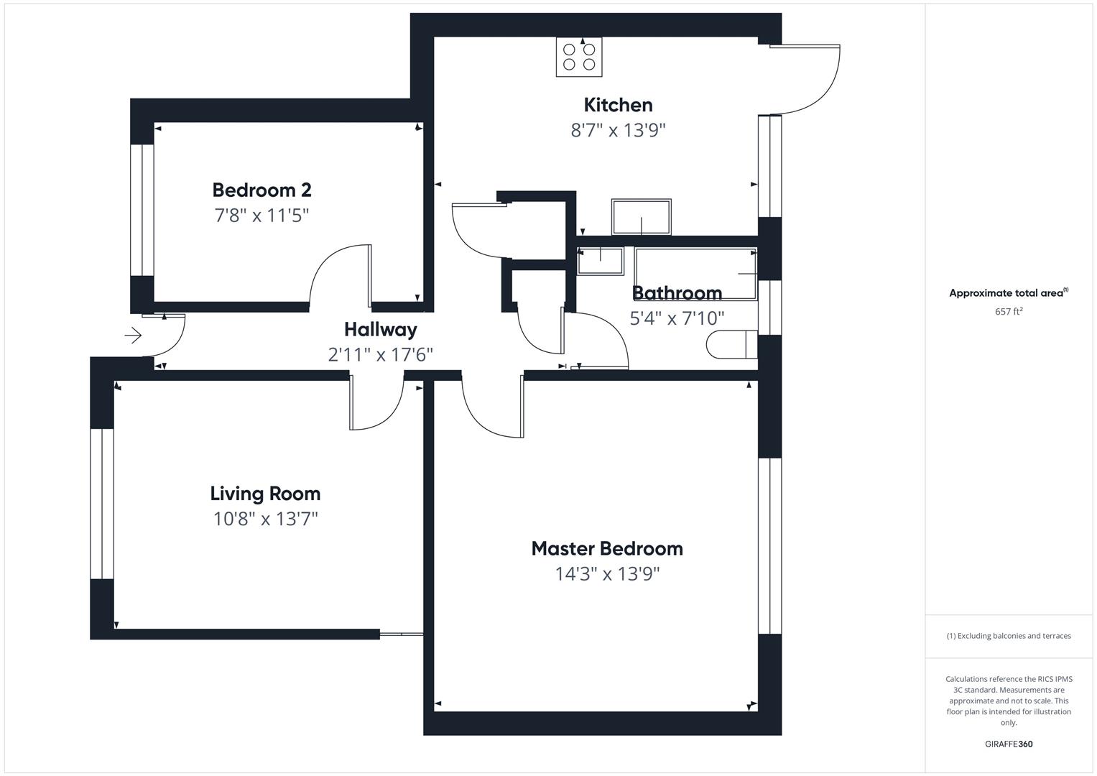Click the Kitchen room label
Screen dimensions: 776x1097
point(618,105)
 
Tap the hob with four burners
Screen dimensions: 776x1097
point(579,57)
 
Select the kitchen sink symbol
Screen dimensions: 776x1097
point(641,217)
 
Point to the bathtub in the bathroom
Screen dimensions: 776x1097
point(695,274)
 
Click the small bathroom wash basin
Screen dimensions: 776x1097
point(600,261)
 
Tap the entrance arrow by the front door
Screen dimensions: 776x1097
point(134,335)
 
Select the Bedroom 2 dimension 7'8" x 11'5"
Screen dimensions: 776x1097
point(261,216)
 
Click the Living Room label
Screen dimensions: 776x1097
point(265,494)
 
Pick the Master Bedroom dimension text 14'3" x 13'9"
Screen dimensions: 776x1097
point(607,574)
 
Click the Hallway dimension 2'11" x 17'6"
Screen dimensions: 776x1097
point(380,355)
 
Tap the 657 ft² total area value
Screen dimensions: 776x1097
point(1008,312)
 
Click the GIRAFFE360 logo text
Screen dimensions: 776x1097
point(1008,744)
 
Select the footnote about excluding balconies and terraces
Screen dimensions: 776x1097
point(1008,636)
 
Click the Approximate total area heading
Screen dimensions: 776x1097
point(1008,293)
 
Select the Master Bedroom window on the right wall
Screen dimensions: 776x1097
point(769,546)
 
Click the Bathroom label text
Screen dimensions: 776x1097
point(677,293)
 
